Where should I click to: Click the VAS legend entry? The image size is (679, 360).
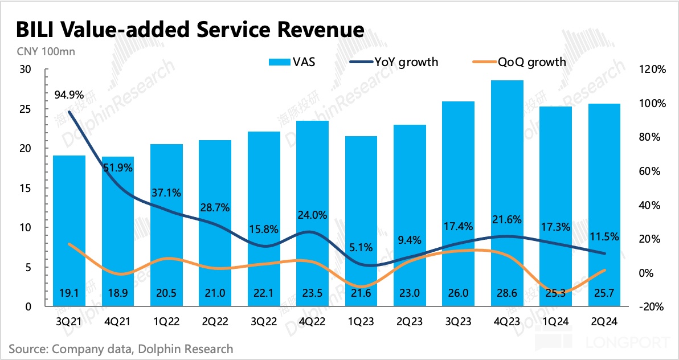(x=292, y=62)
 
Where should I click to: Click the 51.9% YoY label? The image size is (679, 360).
(x=118, y=167)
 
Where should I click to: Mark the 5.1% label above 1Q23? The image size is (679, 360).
(x=361, y=247)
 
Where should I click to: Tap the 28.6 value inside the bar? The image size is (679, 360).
(x=507, y=293)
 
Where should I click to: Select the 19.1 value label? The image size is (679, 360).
(x=69, y=293)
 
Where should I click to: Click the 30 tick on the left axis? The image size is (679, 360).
(x=24, y=69)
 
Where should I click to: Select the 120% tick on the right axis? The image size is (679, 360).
(x=653, y=69)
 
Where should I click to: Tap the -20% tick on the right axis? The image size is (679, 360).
(x=653, y=306)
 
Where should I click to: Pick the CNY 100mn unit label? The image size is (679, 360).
(x=42, y=51)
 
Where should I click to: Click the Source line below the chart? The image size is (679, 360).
(x=121, y=348)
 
